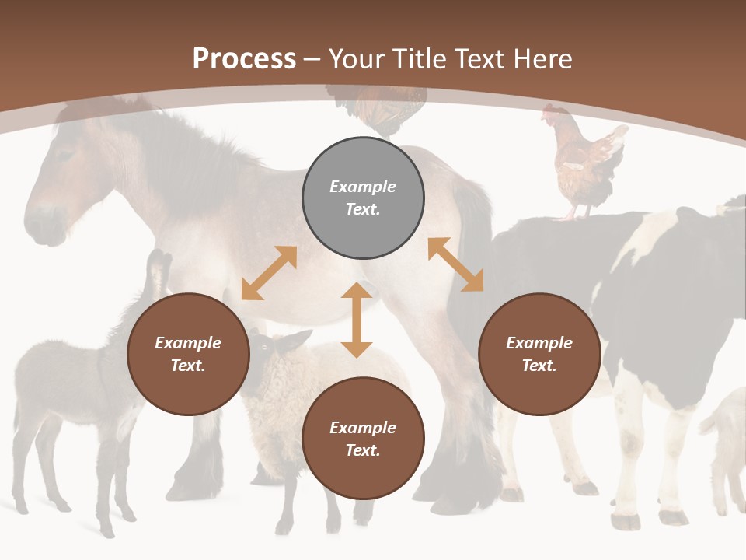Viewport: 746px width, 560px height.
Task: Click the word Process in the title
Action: click(x=244, y=58)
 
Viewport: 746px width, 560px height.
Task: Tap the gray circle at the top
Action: click(x=363, y=198)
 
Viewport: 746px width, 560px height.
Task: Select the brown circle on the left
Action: click(x=188, y=354)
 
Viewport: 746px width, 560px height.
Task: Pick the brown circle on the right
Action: click(x=539, y=354)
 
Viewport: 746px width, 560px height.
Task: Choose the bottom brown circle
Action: click(x=363, y=439)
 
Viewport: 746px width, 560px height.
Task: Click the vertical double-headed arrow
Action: click(x=357, y=320)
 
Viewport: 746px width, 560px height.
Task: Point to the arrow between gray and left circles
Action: click(x=269, y=273)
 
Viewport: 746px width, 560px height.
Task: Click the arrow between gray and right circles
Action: click(x=455, y=264)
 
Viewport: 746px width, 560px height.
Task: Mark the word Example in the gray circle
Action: click(x=363, y=187)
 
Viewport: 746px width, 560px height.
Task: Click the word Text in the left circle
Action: click(x=188, y=366)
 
